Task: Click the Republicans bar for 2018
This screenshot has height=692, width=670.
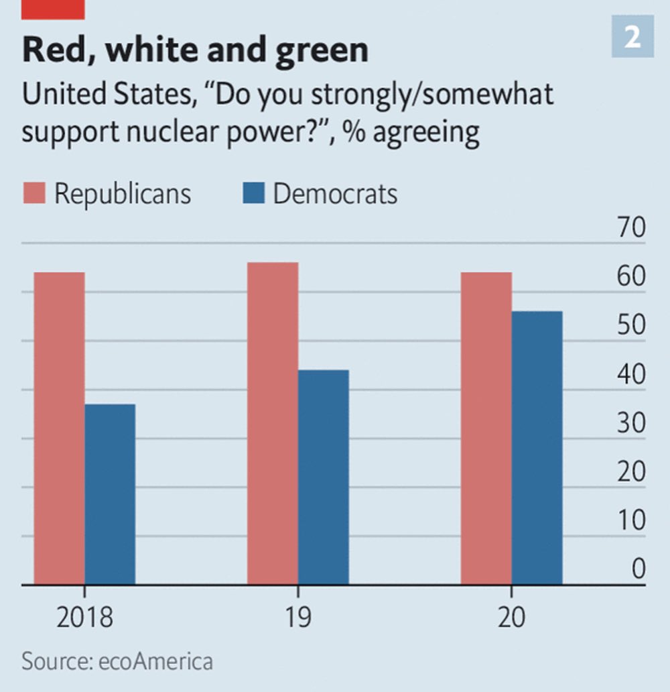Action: [x=59, y=429]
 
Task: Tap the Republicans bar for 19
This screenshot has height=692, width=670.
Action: [x=272, y=424]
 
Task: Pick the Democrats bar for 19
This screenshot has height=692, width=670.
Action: [x=323, y=477]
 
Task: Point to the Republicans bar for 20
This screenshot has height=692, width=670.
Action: [x=486, y=429]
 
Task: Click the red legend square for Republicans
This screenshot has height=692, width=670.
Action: [x=33, y=194]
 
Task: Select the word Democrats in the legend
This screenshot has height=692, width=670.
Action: [x=335, y=194]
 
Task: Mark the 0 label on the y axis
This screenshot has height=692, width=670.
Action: [x=638, y=569]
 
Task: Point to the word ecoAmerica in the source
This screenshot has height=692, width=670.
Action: [x=155, y=661]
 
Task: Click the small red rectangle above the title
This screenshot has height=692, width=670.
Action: [x=53, y=9]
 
